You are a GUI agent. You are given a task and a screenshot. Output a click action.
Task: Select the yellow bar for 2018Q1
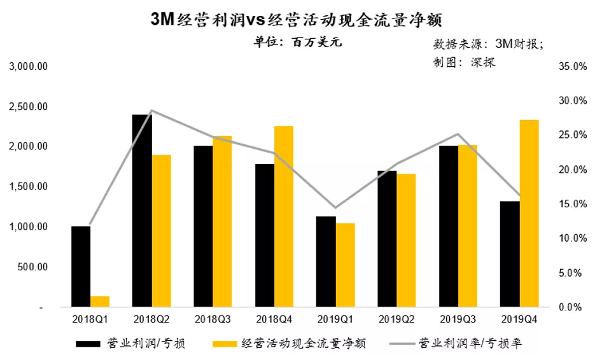[x=100, y=301]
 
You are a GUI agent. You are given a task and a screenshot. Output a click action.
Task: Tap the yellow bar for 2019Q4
[x=529, y=214]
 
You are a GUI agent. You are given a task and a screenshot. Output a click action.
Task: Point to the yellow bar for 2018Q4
[x=284, y=217]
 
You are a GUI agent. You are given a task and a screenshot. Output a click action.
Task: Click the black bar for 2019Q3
[x=449, y=226]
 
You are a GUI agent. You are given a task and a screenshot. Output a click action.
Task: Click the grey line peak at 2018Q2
[x=151, y=111]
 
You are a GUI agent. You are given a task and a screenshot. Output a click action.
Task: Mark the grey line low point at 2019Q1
[x=335, y=208]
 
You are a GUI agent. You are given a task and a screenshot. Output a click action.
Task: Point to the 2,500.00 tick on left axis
[x=29, y=106]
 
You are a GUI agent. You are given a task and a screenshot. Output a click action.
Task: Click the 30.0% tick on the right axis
[x=571, y=100]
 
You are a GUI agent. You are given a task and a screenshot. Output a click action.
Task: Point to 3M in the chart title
[x=162, y=19]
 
